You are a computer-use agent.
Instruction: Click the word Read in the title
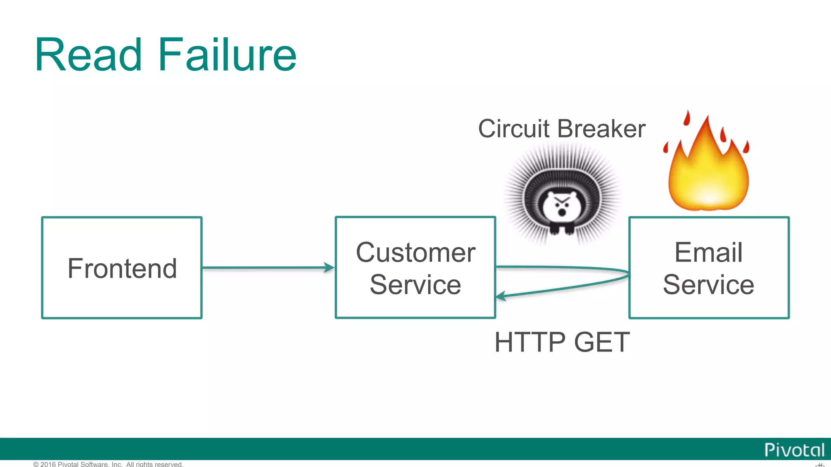tap(88, 55)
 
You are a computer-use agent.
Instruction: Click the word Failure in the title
tap(227, 55)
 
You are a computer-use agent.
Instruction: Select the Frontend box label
tap(122, 268)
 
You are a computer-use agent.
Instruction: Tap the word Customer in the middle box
tap(415, 252)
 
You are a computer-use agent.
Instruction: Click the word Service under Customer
tap(415, 285)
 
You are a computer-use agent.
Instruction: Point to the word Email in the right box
tap(708, 252)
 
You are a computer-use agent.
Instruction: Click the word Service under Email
tap(708, 285)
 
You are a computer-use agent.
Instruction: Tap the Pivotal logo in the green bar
tap(794, 450)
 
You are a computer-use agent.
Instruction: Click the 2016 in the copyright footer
tap(48, 464)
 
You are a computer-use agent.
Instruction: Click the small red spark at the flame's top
tap(687, 118)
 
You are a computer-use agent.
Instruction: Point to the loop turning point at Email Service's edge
tap(628, 274)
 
